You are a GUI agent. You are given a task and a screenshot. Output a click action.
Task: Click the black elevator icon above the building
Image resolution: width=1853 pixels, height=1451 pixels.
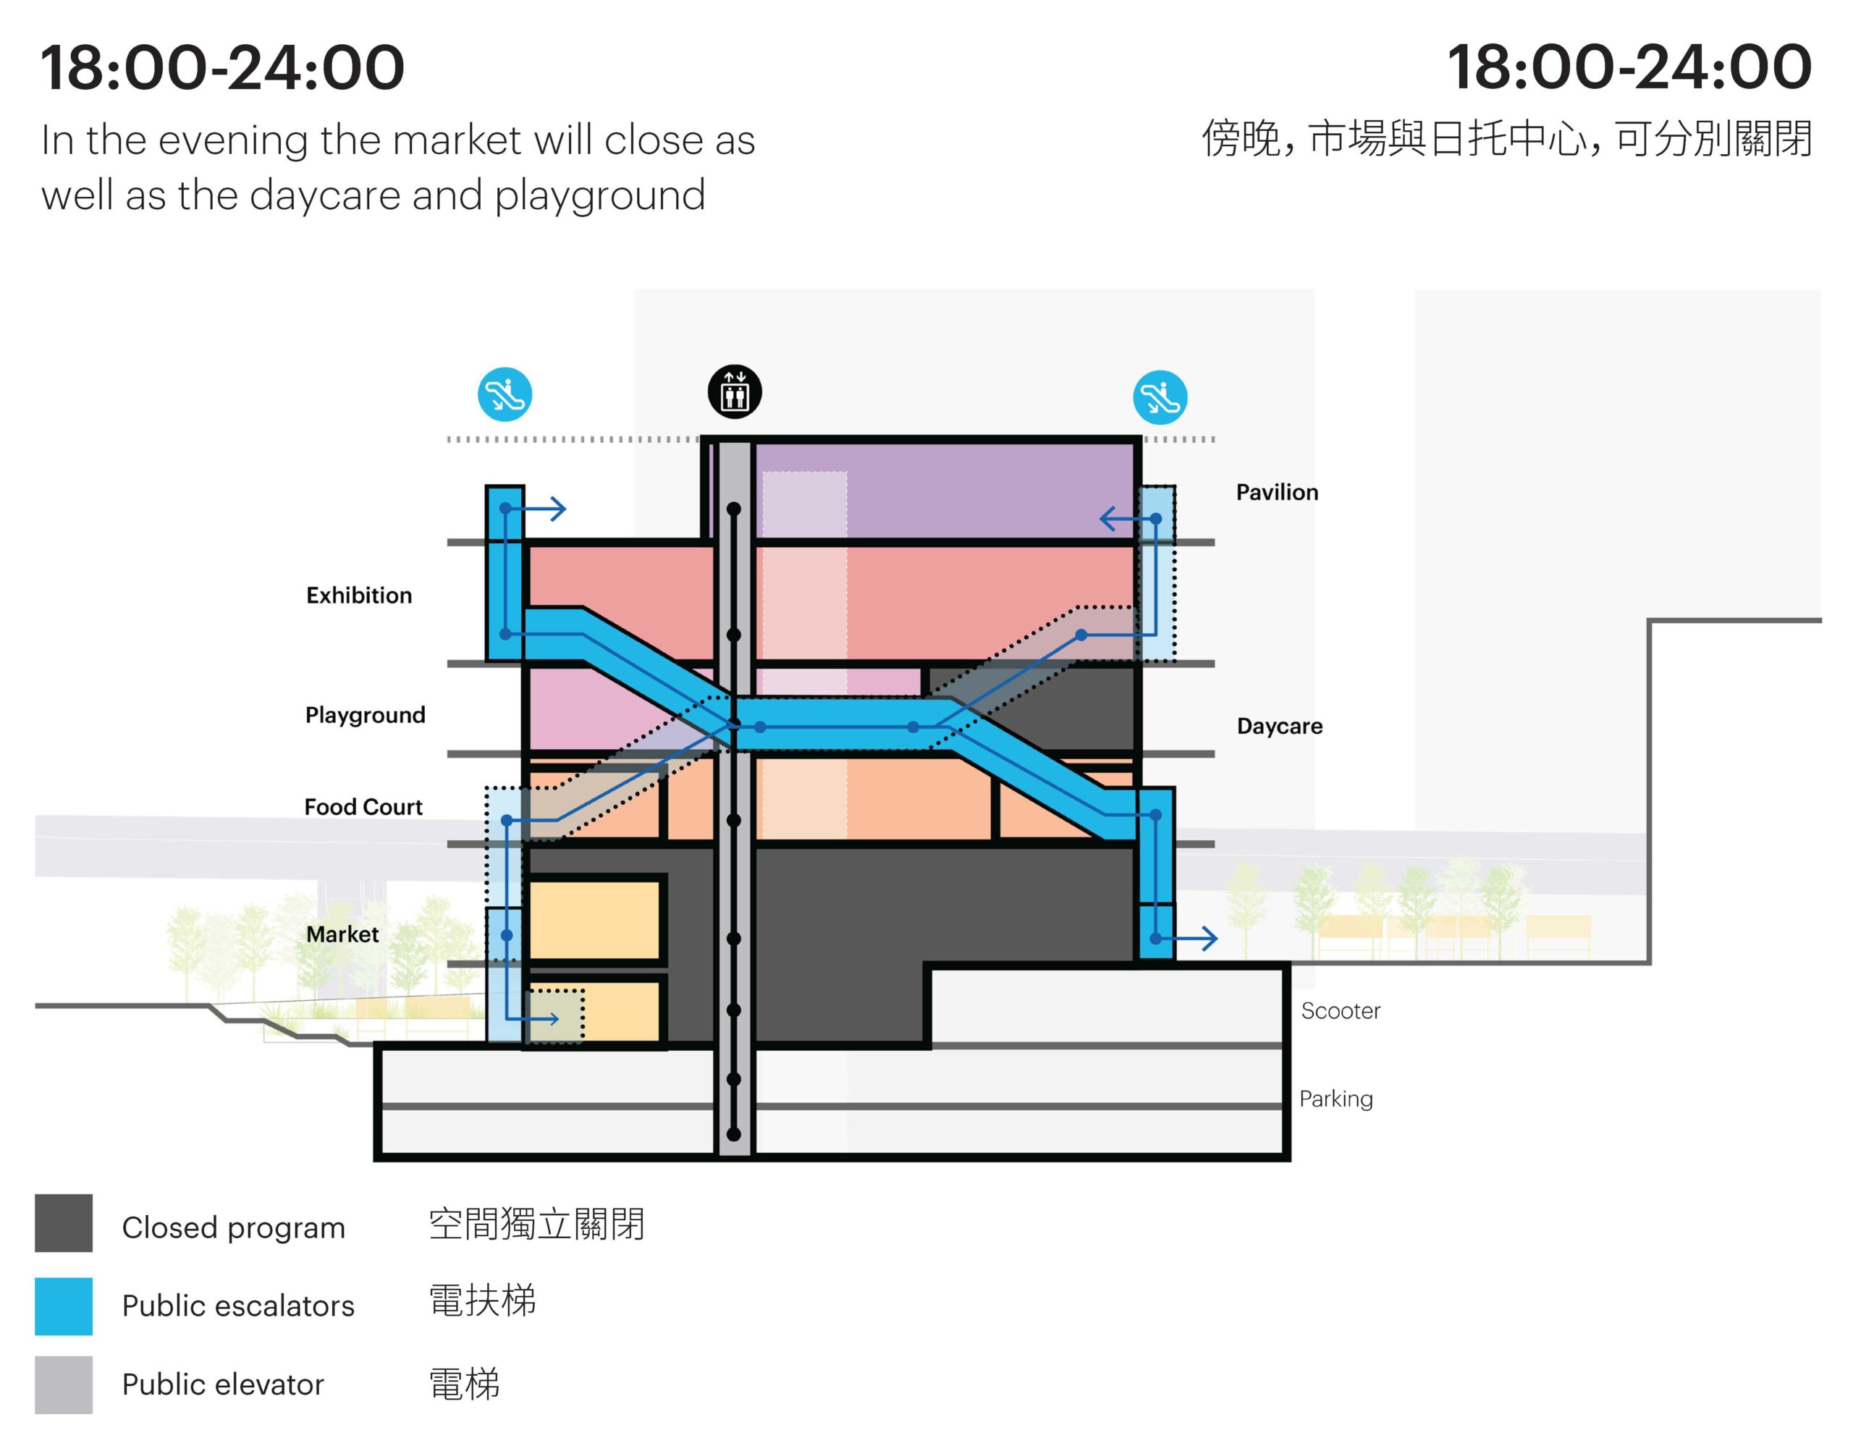[734, 392]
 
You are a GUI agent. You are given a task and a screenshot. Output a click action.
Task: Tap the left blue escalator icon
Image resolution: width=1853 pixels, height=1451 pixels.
[505, 394]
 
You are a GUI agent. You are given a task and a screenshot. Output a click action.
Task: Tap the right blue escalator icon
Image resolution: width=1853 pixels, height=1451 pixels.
[1160, 397]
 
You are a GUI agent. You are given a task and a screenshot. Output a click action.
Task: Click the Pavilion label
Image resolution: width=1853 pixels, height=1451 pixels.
[1276, 492]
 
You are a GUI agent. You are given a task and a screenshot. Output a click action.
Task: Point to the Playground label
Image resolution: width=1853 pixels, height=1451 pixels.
[365, 714]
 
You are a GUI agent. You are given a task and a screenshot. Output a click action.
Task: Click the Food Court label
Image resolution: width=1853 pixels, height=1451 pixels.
[363, 806]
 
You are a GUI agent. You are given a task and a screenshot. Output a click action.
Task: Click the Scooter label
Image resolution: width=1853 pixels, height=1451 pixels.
[1340, 1010]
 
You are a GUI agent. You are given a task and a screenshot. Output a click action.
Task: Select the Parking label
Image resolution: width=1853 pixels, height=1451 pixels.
[1335, 1099]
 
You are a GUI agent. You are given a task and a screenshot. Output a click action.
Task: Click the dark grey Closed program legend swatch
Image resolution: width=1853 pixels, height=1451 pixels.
[64, 1222]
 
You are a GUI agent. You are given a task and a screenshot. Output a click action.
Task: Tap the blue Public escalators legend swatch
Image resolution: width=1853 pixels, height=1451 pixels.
[64, 1306]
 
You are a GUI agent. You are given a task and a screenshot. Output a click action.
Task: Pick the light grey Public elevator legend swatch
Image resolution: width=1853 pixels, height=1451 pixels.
[64, 1384]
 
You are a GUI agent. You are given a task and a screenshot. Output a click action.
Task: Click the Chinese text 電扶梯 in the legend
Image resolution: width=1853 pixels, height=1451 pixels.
[483, 1300]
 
